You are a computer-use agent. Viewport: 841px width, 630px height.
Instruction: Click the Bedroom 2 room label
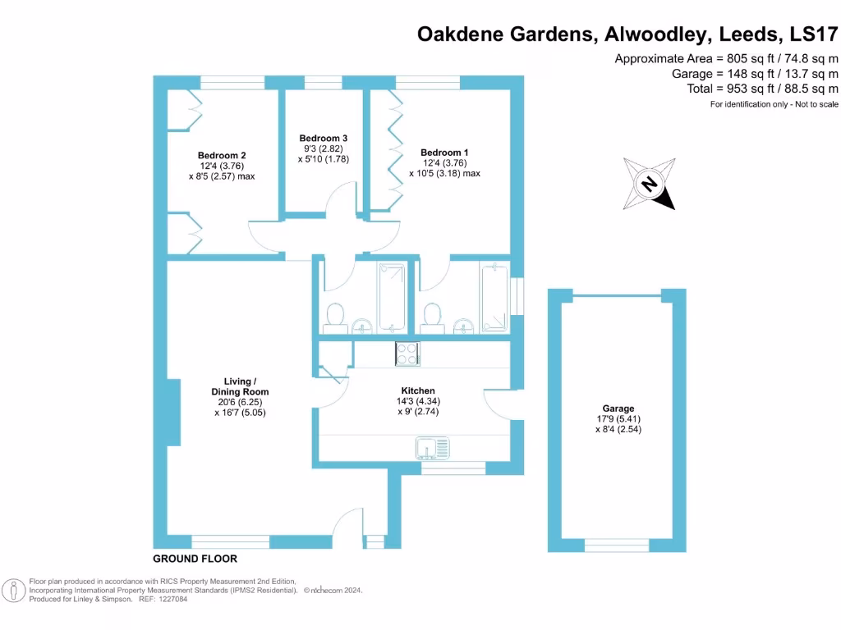(x=222, y=155)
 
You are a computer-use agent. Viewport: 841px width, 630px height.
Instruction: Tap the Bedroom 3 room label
(x=324, y=138)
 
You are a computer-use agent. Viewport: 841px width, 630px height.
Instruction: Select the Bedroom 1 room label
(x=444, y=153)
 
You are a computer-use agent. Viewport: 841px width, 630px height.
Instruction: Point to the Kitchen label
(x=418, y=390)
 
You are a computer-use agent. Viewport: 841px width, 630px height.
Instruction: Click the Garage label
(x=618, y=408)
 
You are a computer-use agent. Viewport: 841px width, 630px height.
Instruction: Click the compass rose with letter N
(x=649, y=184)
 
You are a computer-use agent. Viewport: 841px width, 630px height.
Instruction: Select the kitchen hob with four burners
(x=407, y=354)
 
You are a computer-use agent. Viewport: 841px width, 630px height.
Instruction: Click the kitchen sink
(x=433, y=447)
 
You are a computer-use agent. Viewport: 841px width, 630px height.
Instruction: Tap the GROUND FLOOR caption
(x=195, y=559)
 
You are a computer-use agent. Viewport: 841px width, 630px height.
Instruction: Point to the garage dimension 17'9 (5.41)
(x=618, y=418)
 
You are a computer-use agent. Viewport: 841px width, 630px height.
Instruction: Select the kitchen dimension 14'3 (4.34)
(x=418, y=401)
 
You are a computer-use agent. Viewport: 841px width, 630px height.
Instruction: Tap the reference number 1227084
(x=169, y=599)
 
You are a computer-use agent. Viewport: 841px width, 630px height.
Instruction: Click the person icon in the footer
(x=12, y=590)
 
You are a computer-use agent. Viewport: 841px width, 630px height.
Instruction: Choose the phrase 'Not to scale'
(x=811, y=104)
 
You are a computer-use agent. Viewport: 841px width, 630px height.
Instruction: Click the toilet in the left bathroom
(x=335, y=314)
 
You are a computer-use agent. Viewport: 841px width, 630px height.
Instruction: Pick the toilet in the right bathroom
(x=432, y=314)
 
